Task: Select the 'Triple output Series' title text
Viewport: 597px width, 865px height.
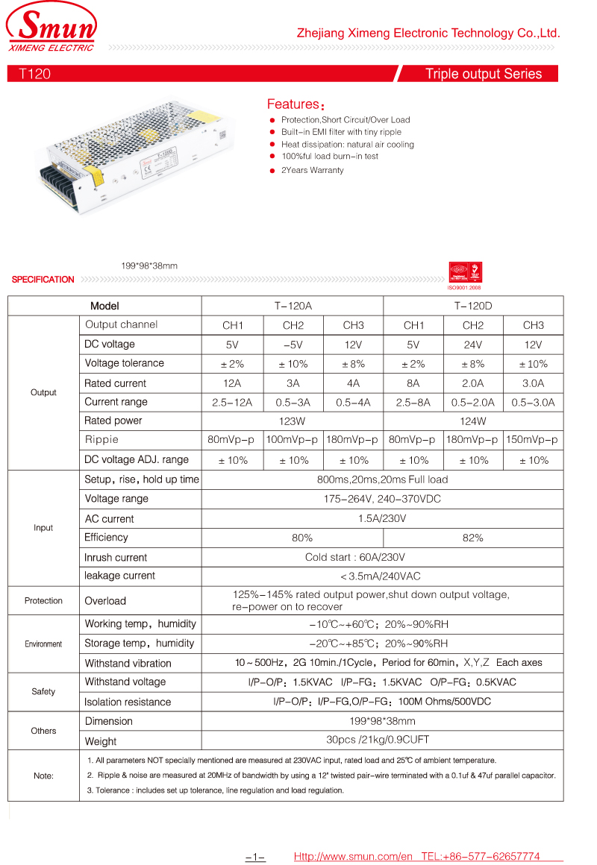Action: [483, 74]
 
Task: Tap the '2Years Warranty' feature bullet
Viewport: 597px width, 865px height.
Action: [312, 171]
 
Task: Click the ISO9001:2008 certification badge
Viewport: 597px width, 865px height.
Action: [464, 274]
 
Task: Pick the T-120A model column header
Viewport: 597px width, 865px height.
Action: [293, 306]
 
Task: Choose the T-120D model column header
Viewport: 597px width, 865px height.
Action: [473, 306]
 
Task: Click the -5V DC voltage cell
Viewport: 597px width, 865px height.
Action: [293, 345]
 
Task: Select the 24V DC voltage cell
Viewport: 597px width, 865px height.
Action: [473, 345]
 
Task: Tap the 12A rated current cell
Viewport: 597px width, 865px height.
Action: [233, 383]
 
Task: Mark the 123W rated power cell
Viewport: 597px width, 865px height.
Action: [293, 421]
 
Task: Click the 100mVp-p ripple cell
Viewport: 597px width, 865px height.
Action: [293, 440]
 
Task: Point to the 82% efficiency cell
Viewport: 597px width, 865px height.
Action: [473, 538]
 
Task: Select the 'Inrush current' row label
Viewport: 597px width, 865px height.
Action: [116, 557]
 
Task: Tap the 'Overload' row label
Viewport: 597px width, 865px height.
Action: [105, 601]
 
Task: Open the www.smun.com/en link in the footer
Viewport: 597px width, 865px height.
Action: [353, 856]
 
